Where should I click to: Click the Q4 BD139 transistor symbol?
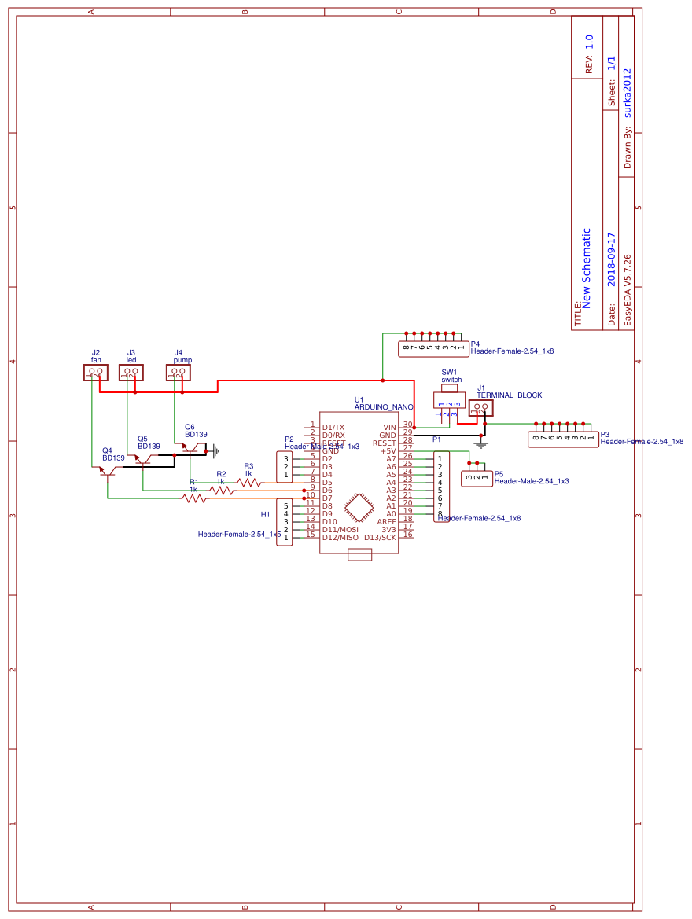coord(107,471)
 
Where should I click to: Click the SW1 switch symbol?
coord(449,400)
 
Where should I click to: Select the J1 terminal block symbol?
coord(480,408)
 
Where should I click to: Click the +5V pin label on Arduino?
coord(388,450)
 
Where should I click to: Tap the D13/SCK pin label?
coord(380,537)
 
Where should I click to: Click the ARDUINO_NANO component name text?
coord(384,407)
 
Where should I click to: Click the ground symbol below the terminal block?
coord(482,444)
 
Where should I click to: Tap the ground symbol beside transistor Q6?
coord(215,450)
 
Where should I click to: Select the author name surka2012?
coord(628,92)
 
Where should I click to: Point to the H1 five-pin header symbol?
coord(284,521)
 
